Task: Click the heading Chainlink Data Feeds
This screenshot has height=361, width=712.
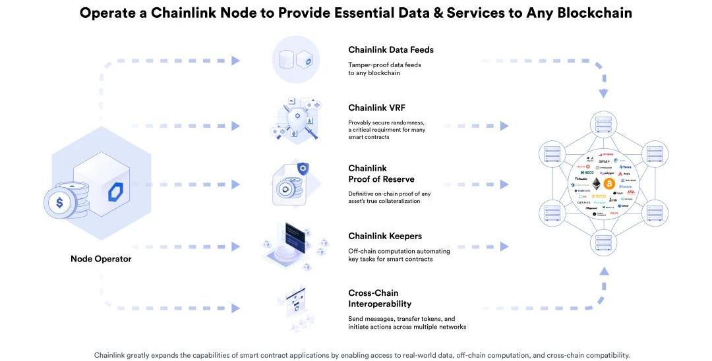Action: click(x=390, y=49)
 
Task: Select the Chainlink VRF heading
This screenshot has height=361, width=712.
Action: click(x=377, y=107)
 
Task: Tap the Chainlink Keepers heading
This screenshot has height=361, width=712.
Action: click(x=385, y=236)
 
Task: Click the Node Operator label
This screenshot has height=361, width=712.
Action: click(x=101, y=259)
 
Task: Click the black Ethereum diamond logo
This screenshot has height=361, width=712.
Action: click(x=597, y=182)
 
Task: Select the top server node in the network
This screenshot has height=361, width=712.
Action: click(x=602, y=123)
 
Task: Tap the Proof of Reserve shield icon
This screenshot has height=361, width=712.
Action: click(x=303, y=169)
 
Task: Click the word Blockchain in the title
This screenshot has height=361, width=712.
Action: click(x=590, y=13)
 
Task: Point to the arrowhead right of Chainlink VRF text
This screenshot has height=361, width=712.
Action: click(x=504, y=126)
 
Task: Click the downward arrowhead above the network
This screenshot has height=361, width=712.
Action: click(x=603, y=94)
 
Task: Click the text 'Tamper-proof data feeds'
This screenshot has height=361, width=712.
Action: click(x=384, y=65)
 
